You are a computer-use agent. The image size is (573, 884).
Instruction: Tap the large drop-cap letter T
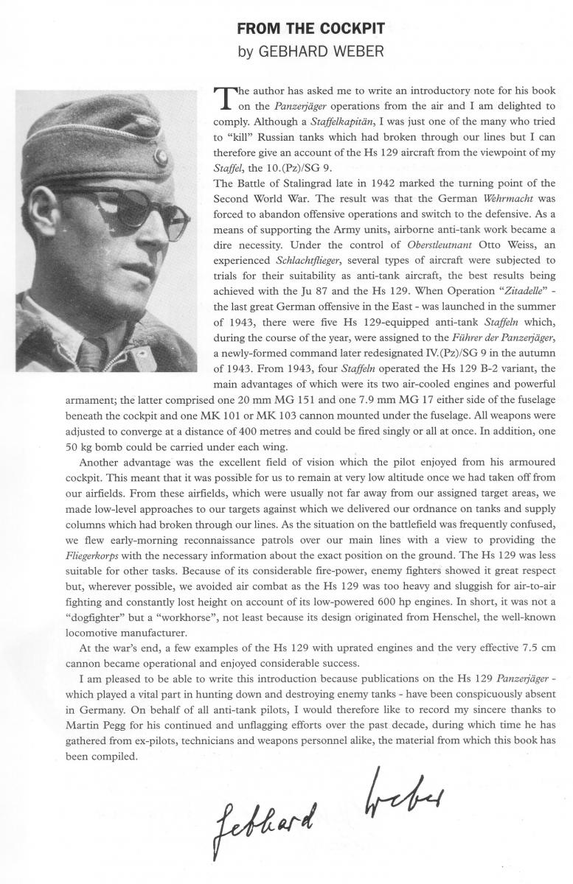point(221,99)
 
